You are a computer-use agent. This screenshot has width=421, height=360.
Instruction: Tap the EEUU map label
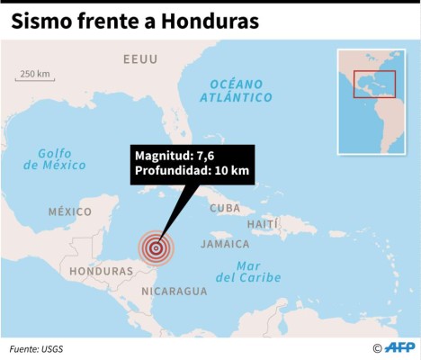point(140,59)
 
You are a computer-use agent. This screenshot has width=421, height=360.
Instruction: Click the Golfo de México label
point(55,158)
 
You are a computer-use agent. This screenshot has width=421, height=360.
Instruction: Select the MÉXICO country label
point(69,211)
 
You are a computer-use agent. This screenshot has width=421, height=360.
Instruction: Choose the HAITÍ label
point(263,223)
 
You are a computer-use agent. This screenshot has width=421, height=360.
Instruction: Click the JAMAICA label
point(225,244)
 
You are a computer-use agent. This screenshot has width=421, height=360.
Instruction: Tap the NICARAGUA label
point(175,291)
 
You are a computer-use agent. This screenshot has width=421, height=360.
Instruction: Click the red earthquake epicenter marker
point(156,247)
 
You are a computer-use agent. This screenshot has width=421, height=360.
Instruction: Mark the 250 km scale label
point(34,73)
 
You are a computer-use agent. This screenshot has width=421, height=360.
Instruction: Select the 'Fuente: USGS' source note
point(37,348)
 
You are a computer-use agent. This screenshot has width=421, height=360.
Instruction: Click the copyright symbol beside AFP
point(378,348)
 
